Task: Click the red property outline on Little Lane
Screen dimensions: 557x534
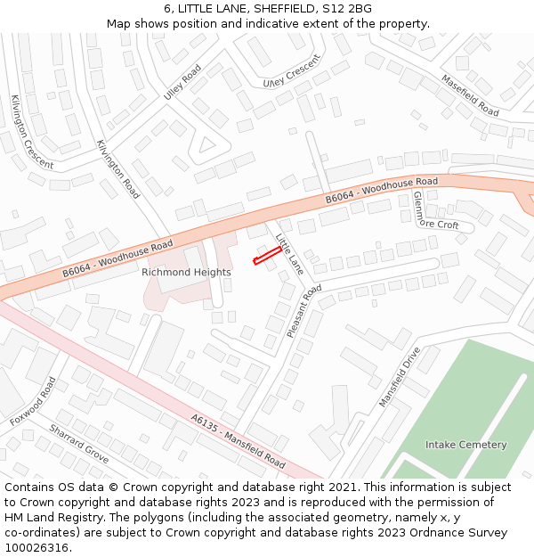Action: click(268, 256)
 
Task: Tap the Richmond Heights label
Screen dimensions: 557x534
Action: click(186, 272)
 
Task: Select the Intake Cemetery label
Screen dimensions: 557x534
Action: click(465, 445)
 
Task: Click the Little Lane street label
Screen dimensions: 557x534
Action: click(290, 253)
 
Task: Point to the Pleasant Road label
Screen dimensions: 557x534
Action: click(304, 311)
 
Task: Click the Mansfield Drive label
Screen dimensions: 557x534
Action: click(399, 377)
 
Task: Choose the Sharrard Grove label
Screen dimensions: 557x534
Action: click(78, 443)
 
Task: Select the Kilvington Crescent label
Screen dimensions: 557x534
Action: click(32, 131)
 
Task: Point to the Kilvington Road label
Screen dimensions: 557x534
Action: click(117, 168)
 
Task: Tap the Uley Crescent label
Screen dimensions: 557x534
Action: click(291, 71)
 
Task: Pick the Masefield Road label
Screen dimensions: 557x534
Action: click(470, 95)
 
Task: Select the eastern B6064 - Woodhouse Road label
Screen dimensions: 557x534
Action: click(382, 190)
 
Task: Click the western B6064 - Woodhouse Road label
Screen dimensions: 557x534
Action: click(117, 258)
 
